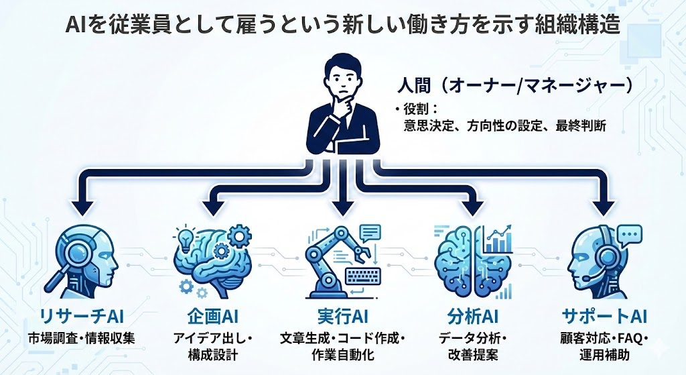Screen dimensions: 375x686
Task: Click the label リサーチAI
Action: coord(81,315)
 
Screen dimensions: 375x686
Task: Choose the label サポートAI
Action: coord(604,315)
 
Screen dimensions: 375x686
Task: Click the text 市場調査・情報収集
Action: coord(81,337)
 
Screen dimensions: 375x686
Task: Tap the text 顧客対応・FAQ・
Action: coord(604,337)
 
